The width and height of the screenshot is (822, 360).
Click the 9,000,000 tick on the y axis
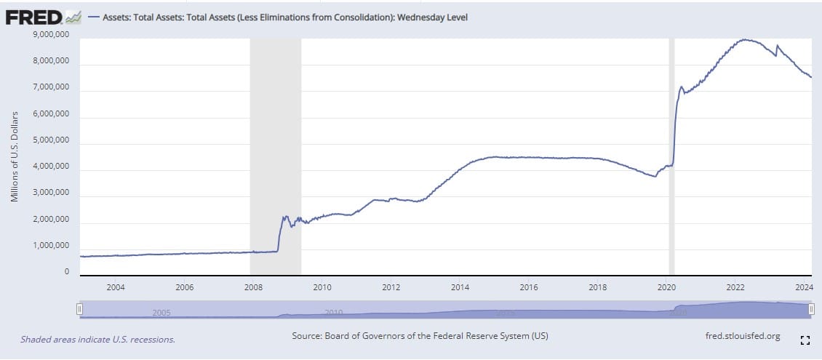pos(52,34)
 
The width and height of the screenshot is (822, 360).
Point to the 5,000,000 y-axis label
pos(52,140)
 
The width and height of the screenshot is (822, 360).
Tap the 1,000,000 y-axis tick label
pos(52,246)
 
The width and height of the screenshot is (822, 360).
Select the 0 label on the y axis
pos(66,272)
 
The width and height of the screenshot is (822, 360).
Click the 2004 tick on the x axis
pos(116,287)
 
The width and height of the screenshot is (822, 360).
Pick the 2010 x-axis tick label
pos(322,287)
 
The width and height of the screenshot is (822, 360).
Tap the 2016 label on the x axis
pos(529,287)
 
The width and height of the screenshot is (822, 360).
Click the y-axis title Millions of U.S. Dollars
pos(15,156)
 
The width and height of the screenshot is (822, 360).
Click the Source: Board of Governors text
pos(420,336)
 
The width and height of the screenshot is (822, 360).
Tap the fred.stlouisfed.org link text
pos(743,336)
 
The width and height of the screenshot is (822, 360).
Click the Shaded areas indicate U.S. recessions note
pos(97,339)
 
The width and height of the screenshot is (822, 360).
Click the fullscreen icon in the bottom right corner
pos(805,340)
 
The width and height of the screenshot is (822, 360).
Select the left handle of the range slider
pos(80,309)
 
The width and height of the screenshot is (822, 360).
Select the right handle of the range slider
pos(811,309)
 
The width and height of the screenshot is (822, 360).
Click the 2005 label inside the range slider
pos(161,312)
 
